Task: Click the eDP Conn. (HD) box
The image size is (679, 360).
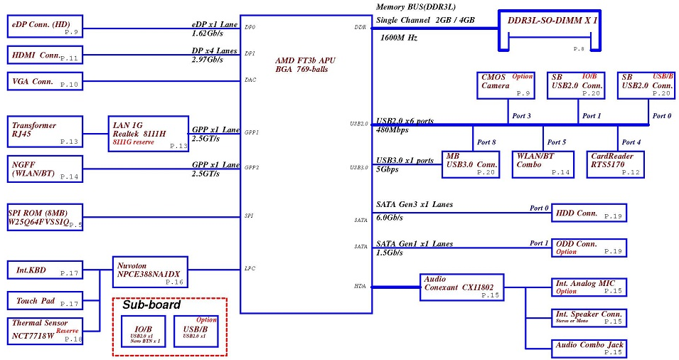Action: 45,28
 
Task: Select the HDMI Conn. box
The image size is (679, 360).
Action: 45,55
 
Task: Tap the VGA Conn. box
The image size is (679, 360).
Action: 45,81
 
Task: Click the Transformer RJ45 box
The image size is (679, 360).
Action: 45,131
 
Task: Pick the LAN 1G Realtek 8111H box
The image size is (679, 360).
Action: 148,132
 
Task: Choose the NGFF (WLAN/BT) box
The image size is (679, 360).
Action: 45,169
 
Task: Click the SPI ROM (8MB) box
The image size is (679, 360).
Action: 45,217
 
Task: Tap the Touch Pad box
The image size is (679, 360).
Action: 45,302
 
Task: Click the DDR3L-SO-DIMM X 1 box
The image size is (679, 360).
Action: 552,29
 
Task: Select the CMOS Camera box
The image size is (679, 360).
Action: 505,85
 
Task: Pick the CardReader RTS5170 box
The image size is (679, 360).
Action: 616,164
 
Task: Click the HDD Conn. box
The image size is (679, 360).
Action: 589,213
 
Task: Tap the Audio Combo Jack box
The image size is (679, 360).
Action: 589,348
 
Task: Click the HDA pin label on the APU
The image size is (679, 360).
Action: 360,287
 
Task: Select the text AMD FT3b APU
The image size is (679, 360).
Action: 305,60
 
